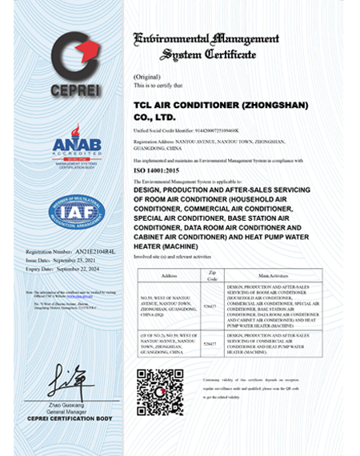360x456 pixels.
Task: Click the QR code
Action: [x=159, y=391]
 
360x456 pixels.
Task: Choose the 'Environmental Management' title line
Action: [x=206, y=38]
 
